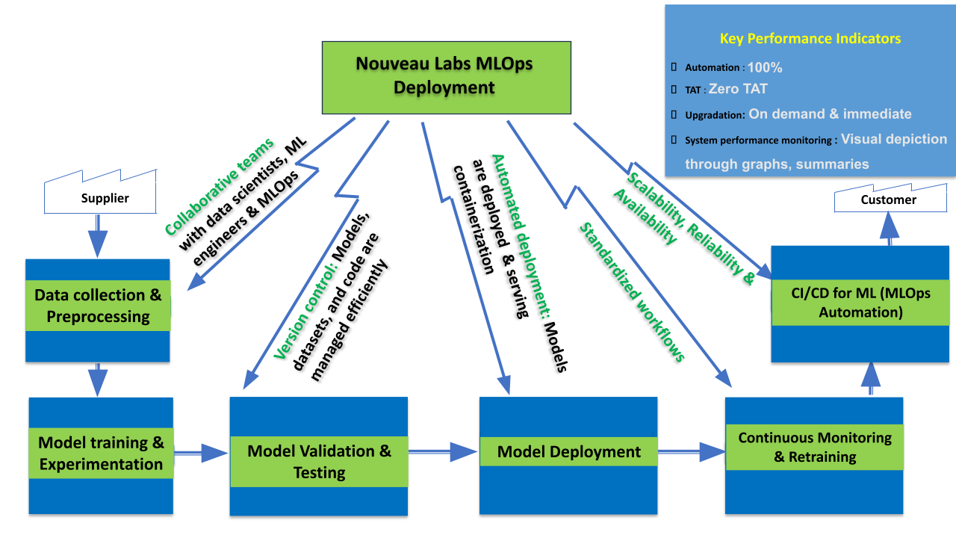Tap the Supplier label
(x=105, y=198)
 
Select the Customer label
(x=888, y=200)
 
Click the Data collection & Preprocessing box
(x=98, y=306)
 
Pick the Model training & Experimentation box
(x=101, y=453)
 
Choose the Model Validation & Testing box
(x=319, y=461)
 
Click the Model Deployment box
(x=568, y=451)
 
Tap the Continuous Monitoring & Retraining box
(x=814, y=447)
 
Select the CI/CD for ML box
(x=860, y=303)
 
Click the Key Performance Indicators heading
(x=810, y=39)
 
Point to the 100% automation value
(x=765, y=67)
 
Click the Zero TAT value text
(x=738, y=89)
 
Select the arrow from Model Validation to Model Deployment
(x=443, y=451)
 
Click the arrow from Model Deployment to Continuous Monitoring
(x=691, y=451)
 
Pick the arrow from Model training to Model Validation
(x=201, y=451)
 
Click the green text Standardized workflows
(x=632, y=292)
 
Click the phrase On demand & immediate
(x=830, y=114)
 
